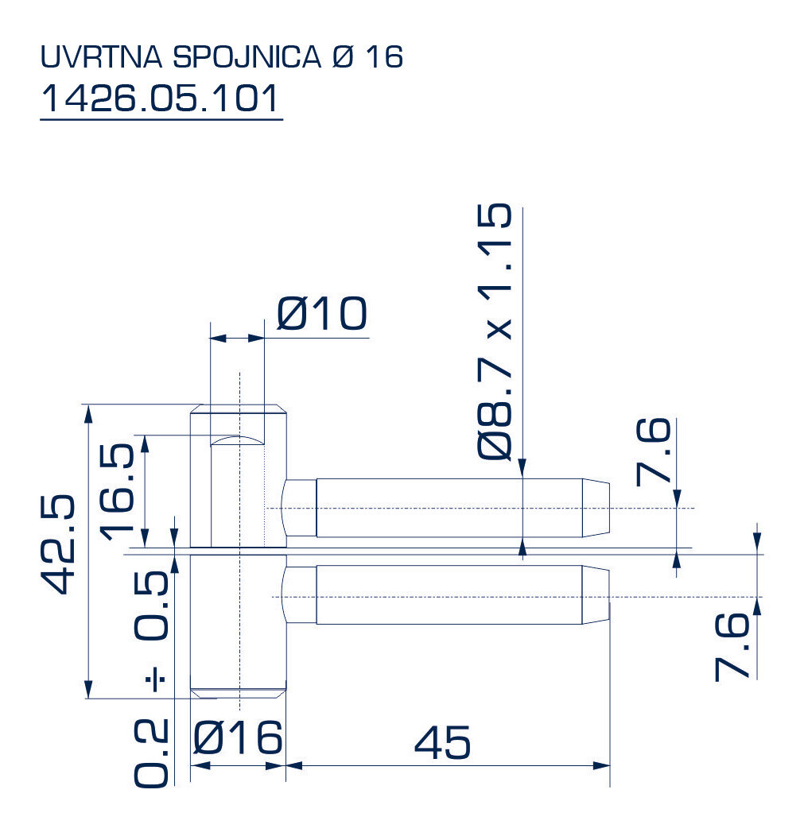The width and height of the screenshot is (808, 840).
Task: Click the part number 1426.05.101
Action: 161,99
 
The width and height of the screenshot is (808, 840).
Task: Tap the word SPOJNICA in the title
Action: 244,57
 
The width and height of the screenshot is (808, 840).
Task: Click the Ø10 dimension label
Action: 321,315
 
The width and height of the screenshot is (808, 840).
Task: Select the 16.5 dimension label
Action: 118,490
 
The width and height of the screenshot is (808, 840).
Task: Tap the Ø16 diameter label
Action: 238,738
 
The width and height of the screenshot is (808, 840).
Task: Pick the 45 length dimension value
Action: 442,743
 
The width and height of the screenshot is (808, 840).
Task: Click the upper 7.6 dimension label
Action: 654,453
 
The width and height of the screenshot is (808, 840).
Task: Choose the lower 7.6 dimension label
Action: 732,646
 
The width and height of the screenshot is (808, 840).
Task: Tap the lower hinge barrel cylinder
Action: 238,624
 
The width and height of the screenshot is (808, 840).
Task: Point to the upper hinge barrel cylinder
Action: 238,477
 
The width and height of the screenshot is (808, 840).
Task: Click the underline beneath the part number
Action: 161,119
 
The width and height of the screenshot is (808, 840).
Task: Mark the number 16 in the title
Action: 385,57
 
